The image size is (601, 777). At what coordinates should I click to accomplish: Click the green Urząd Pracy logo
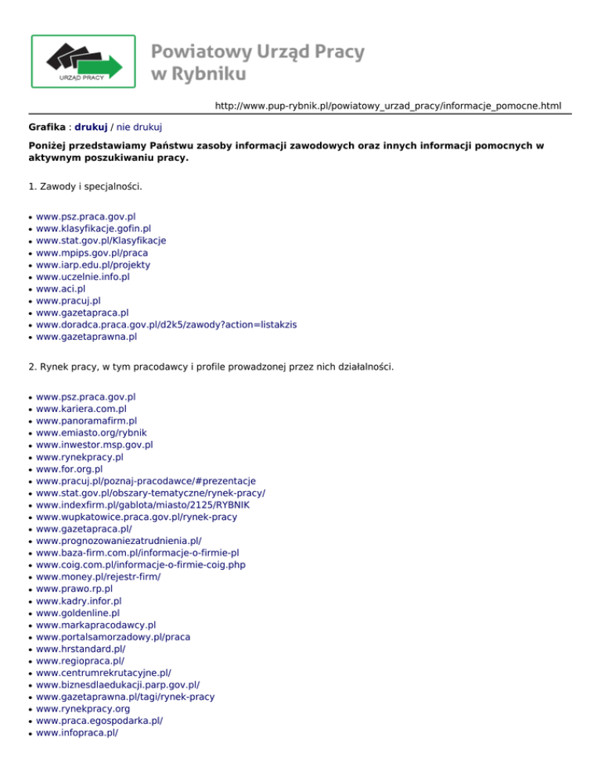coord(83,61)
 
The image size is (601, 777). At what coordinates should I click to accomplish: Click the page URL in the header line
coord(388,105)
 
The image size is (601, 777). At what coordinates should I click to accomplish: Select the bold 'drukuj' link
coord(91,125)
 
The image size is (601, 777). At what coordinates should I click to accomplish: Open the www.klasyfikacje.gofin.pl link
coord(93,228)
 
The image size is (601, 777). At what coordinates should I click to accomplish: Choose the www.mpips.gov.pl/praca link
coord(92,252)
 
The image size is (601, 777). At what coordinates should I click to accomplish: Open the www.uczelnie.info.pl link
coord(83,277)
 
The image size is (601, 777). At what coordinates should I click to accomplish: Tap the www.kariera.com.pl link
coord(81,409)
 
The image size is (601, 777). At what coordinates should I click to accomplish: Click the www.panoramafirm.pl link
coord(86,421)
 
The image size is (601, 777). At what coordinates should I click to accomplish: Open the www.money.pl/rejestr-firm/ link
coord(99,577)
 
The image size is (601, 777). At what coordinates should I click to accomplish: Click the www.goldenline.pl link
coord(77,614)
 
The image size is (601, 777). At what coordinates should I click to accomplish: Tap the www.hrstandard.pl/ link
coord(81,649)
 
